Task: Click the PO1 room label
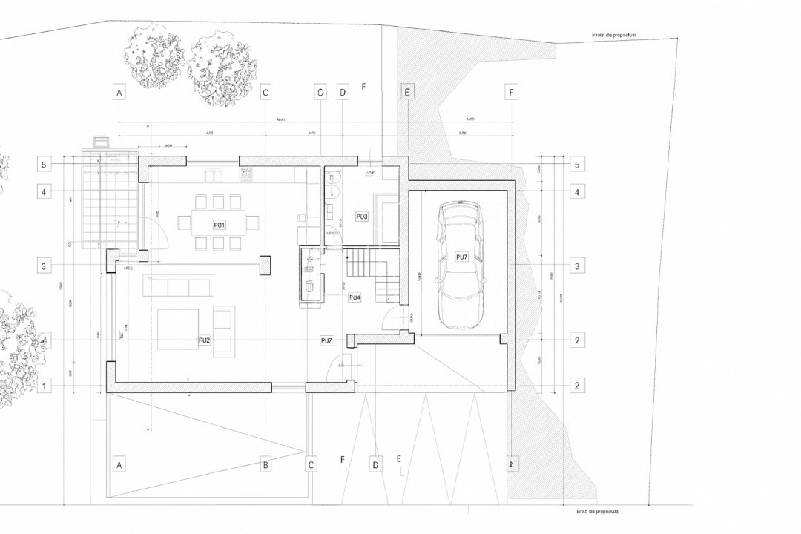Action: tap(219, 224)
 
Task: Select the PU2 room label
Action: tap(204, 340)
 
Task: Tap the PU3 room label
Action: tap(362, 217)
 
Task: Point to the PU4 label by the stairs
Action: tap(355, 297)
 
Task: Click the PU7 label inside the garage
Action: tap(461, 257)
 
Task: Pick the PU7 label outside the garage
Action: tap(326, 340)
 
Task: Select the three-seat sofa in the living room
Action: tap(179, 286)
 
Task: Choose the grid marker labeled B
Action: tap(265, 465)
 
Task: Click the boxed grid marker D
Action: tap(342, 93)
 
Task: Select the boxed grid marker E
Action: tap(406, 93)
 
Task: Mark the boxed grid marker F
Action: tap(511, 93)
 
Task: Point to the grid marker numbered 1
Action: tap(45, 386)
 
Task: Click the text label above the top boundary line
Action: tap(610, 34)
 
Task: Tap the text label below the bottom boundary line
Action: tap(596, 512)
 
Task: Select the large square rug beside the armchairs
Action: tap(178, 329)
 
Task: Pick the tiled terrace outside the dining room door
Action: tap(110, 200)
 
